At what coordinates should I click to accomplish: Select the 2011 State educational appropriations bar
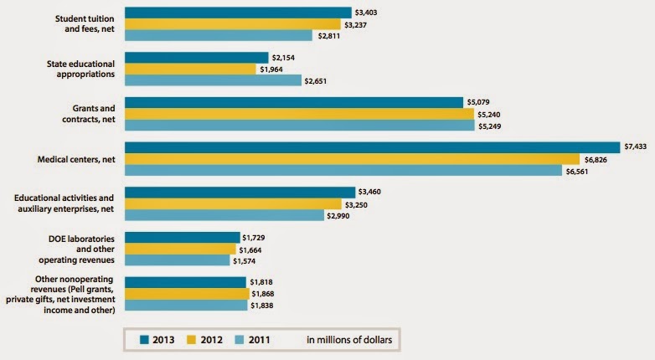coord(213,80)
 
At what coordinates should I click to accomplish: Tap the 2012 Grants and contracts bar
coord(299,114)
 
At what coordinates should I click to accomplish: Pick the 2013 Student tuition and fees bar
coord(238,13)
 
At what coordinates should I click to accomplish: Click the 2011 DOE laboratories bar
coord(177,260)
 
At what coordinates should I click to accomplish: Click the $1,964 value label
coord(274,69)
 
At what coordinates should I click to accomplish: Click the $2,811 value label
coord(329,35)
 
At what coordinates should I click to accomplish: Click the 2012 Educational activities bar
coord(234,203)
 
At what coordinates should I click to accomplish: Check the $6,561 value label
coord(580,170)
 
